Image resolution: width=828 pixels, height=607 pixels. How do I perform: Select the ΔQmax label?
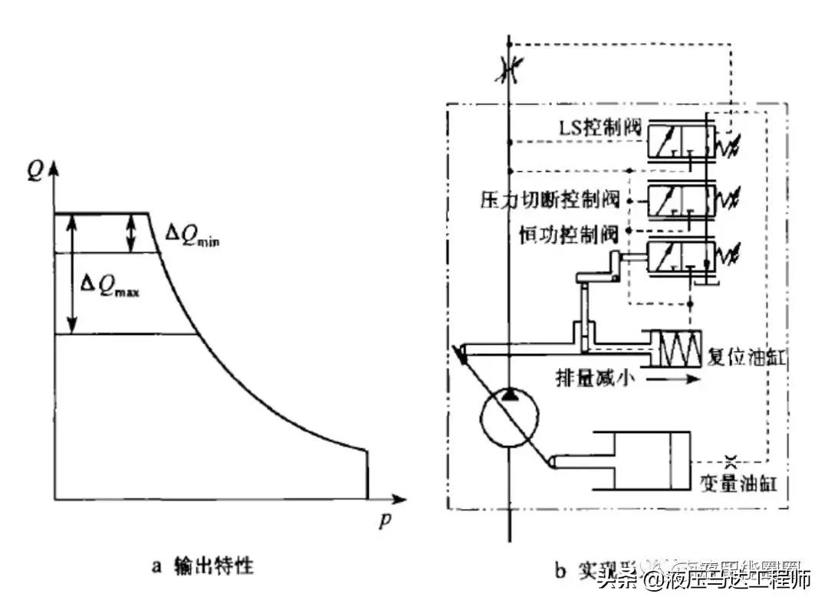110,288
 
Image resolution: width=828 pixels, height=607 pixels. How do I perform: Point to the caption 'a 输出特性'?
202,568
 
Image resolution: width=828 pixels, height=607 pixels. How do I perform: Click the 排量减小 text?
595,379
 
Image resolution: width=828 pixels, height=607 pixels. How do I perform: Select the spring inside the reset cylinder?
675,349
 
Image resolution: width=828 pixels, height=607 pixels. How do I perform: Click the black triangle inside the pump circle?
510,395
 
